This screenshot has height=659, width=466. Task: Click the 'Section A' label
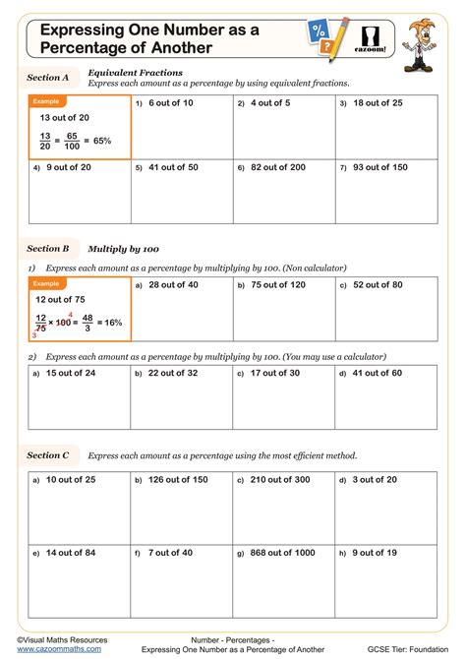pyautogui.click(x=48, y=77)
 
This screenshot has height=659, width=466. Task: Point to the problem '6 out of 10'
pyautogui.click(x=170, y=102)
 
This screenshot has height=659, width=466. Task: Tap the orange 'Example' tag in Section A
pyautogui.click(x=46, y=101)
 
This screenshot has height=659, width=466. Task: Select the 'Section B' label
pyautogui.click(x=48, y=249)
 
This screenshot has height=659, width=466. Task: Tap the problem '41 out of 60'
pyautogui.click(x=377, y=374)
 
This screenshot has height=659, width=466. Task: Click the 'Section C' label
pyautogui.click(x=48, y=455)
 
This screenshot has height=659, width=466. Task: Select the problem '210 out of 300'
pyautogui.click(x=279, y=480)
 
